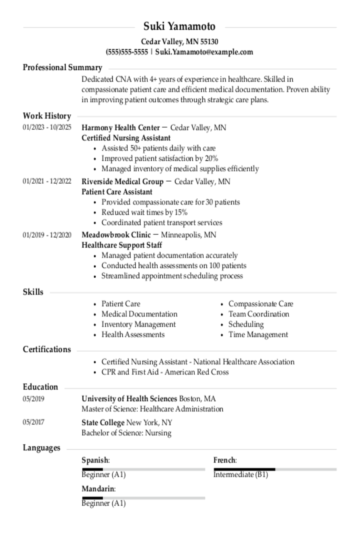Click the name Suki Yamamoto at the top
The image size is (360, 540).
coord(180,26)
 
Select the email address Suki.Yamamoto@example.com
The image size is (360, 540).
coord(204,52)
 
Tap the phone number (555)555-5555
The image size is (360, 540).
coord(127,52)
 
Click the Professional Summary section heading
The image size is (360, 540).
coord(62,67)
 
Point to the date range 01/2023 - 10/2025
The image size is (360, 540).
coord(47,128)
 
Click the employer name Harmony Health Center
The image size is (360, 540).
coord(120,128)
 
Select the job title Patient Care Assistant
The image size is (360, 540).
coord(117,192)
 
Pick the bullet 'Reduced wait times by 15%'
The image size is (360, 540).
coord(144,212)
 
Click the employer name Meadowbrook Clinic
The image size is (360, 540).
coord(116,235)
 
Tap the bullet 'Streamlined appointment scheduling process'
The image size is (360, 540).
coord(172,276)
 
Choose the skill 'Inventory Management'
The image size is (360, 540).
coord(138,324)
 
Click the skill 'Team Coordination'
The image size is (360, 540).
coord(258,314)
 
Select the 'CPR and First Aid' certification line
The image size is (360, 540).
coord(165,372)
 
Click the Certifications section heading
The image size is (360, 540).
coord(47,350)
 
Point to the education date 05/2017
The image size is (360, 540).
coord(34,422)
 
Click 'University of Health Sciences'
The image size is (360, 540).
coord(129,399)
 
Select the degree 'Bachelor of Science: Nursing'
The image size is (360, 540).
coord(126,433)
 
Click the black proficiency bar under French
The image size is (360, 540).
coord(244,469)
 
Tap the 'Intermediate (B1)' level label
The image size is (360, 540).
coord(240,475)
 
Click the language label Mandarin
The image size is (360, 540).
coord(98,489)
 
